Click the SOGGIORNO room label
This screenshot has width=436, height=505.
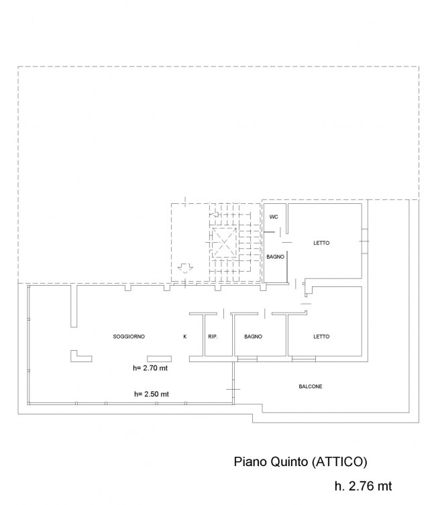tap(129, 337)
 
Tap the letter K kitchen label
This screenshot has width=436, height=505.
tap(185, 337)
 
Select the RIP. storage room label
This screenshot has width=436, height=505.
tap(213, 337)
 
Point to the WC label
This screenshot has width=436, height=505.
tap(274, 217)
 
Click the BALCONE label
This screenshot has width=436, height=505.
tap(311, 386)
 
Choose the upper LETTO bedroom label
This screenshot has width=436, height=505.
tap(321, 243)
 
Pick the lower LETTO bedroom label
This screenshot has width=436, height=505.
tap(321, 337)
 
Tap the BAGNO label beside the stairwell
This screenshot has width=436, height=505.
tap(275, 257)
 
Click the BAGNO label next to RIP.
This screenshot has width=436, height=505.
tap(253, 337)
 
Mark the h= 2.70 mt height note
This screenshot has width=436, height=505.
tap(150, 368)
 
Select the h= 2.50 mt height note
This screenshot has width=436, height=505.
tap(152, 394)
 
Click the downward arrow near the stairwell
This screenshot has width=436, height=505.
tap(185, 268)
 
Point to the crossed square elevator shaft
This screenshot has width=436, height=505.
tap(225, 243)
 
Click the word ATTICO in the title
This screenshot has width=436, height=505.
tap(339, 461)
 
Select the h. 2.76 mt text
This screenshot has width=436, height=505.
tap(364, 486)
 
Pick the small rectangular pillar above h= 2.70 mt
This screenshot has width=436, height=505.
tap(160, 359)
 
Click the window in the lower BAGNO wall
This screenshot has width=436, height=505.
tap(248, 358)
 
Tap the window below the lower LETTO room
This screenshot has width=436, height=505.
tap(304, 358)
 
